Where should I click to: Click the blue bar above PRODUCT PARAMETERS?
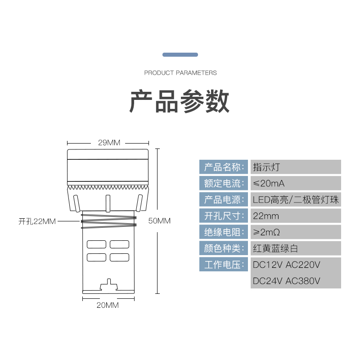180,54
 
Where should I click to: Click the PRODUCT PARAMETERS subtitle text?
180,72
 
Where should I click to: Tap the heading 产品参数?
180,102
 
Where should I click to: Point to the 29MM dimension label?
109,143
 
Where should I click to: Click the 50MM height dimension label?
159,221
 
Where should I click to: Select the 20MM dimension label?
108,305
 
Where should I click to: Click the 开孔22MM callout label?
37,221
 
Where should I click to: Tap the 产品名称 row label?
224,167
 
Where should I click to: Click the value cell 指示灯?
296,167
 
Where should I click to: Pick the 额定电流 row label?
224,183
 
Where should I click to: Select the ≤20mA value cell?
296,183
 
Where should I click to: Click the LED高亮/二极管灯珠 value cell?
296,199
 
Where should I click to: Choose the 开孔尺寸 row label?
224,216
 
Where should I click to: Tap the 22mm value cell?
296,216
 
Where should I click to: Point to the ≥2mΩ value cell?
296,232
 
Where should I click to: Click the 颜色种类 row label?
224,248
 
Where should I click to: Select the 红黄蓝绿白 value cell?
296,248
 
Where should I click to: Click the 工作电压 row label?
224,264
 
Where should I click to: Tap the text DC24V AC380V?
287,281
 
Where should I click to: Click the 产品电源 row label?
224,199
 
